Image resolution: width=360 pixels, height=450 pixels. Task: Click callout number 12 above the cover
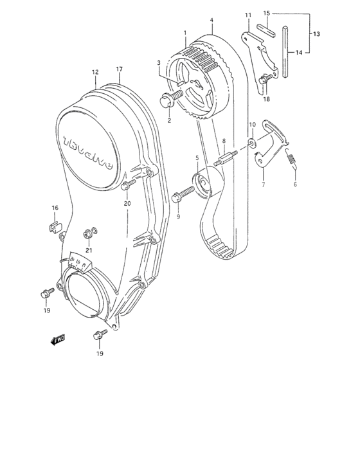click(x=94, y=72)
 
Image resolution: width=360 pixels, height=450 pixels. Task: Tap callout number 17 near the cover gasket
click(x=119, y=69)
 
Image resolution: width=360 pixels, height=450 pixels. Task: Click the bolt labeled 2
click(x=170, y=99)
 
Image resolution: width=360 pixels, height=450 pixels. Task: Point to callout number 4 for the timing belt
click(x=211, y=21)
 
